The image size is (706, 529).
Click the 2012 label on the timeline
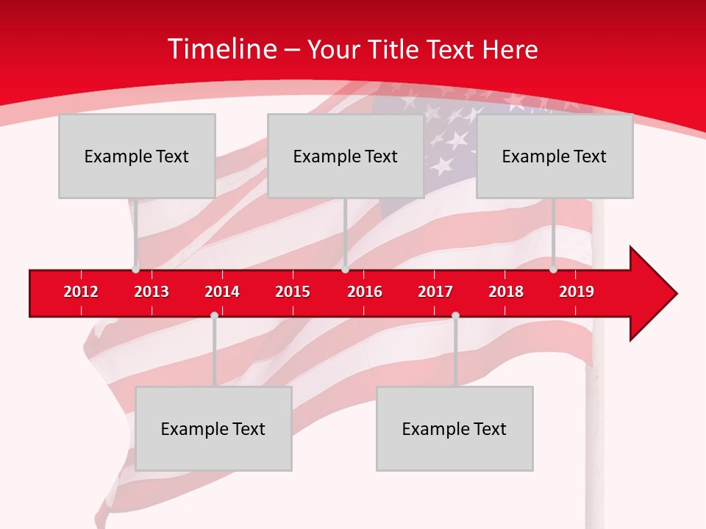(81, 292)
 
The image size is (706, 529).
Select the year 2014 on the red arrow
(222, 292)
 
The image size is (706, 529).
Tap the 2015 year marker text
(293, 292)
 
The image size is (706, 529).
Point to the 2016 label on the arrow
(365, 292)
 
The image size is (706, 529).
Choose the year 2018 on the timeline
(506, 292)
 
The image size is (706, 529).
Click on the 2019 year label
(577, 292)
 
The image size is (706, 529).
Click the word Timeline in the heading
(221, 49)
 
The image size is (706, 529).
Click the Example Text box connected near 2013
(137, 156)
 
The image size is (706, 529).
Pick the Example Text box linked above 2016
(346, 156)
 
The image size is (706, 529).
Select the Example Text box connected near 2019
(555, 156)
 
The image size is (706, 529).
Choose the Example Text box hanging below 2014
(213, 428)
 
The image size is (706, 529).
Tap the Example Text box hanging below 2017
(454, 428)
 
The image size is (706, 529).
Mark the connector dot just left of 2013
(135, 270)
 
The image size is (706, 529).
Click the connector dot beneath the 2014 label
(214, 315)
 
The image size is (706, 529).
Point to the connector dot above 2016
(345, 270)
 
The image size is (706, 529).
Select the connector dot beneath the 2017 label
(455, 315)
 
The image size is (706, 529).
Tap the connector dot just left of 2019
(553, 270)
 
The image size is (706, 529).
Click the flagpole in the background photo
(593, 441)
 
